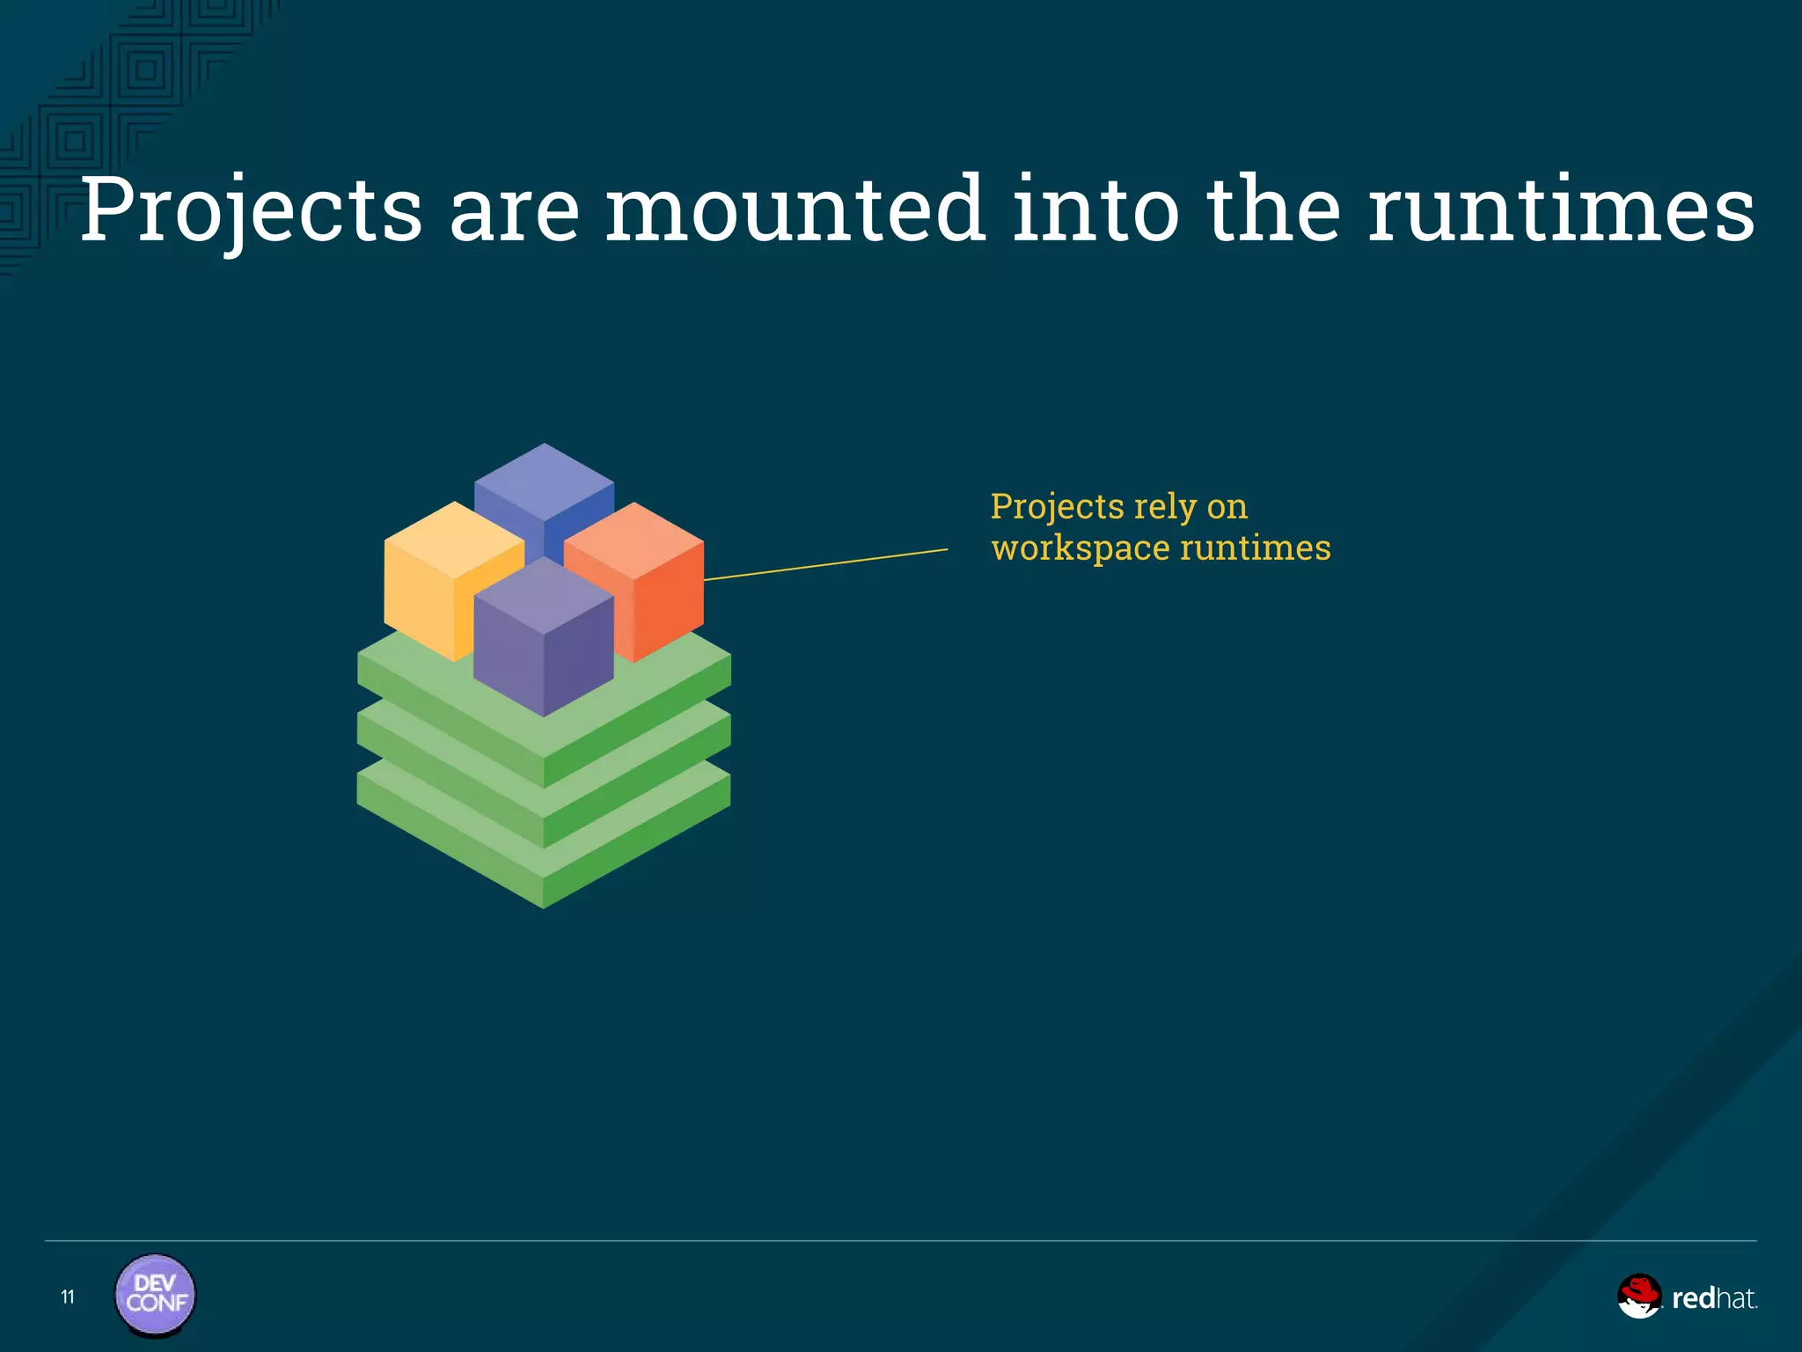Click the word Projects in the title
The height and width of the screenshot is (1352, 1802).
click(252, 211)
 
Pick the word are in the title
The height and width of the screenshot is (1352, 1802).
click(515, 211)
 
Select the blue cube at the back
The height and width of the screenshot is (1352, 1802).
click(544, 484)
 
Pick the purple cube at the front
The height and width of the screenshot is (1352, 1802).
click(543, 643)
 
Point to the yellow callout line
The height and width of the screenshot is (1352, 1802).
click(827, 564)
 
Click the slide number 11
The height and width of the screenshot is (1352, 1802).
click(68, 1297)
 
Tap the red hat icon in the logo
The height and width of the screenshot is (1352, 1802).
click(1638, 1296)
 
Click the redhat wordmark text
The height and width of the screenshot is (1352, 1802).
click(1713, 1298)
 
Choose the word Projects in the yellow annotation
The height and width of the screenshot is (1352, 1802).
click(1057, 507)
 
